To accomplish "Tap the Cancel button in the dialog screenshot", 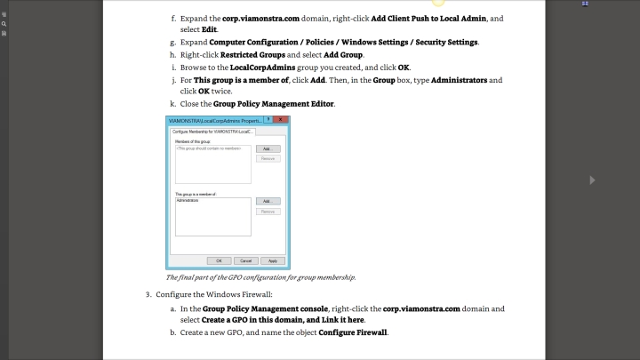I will [246, 260].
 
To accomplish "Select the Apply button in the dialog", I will [273, 260].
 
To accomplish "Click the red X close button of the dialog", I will [281, 119].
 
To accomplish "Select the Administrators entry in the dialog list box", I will [188, 200].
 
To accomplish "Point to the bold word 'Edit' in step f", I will [211, 28].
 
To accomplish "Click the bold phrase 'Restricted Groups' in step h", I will [247, 55].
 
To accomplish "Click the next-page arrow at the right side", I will [593, 180].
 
